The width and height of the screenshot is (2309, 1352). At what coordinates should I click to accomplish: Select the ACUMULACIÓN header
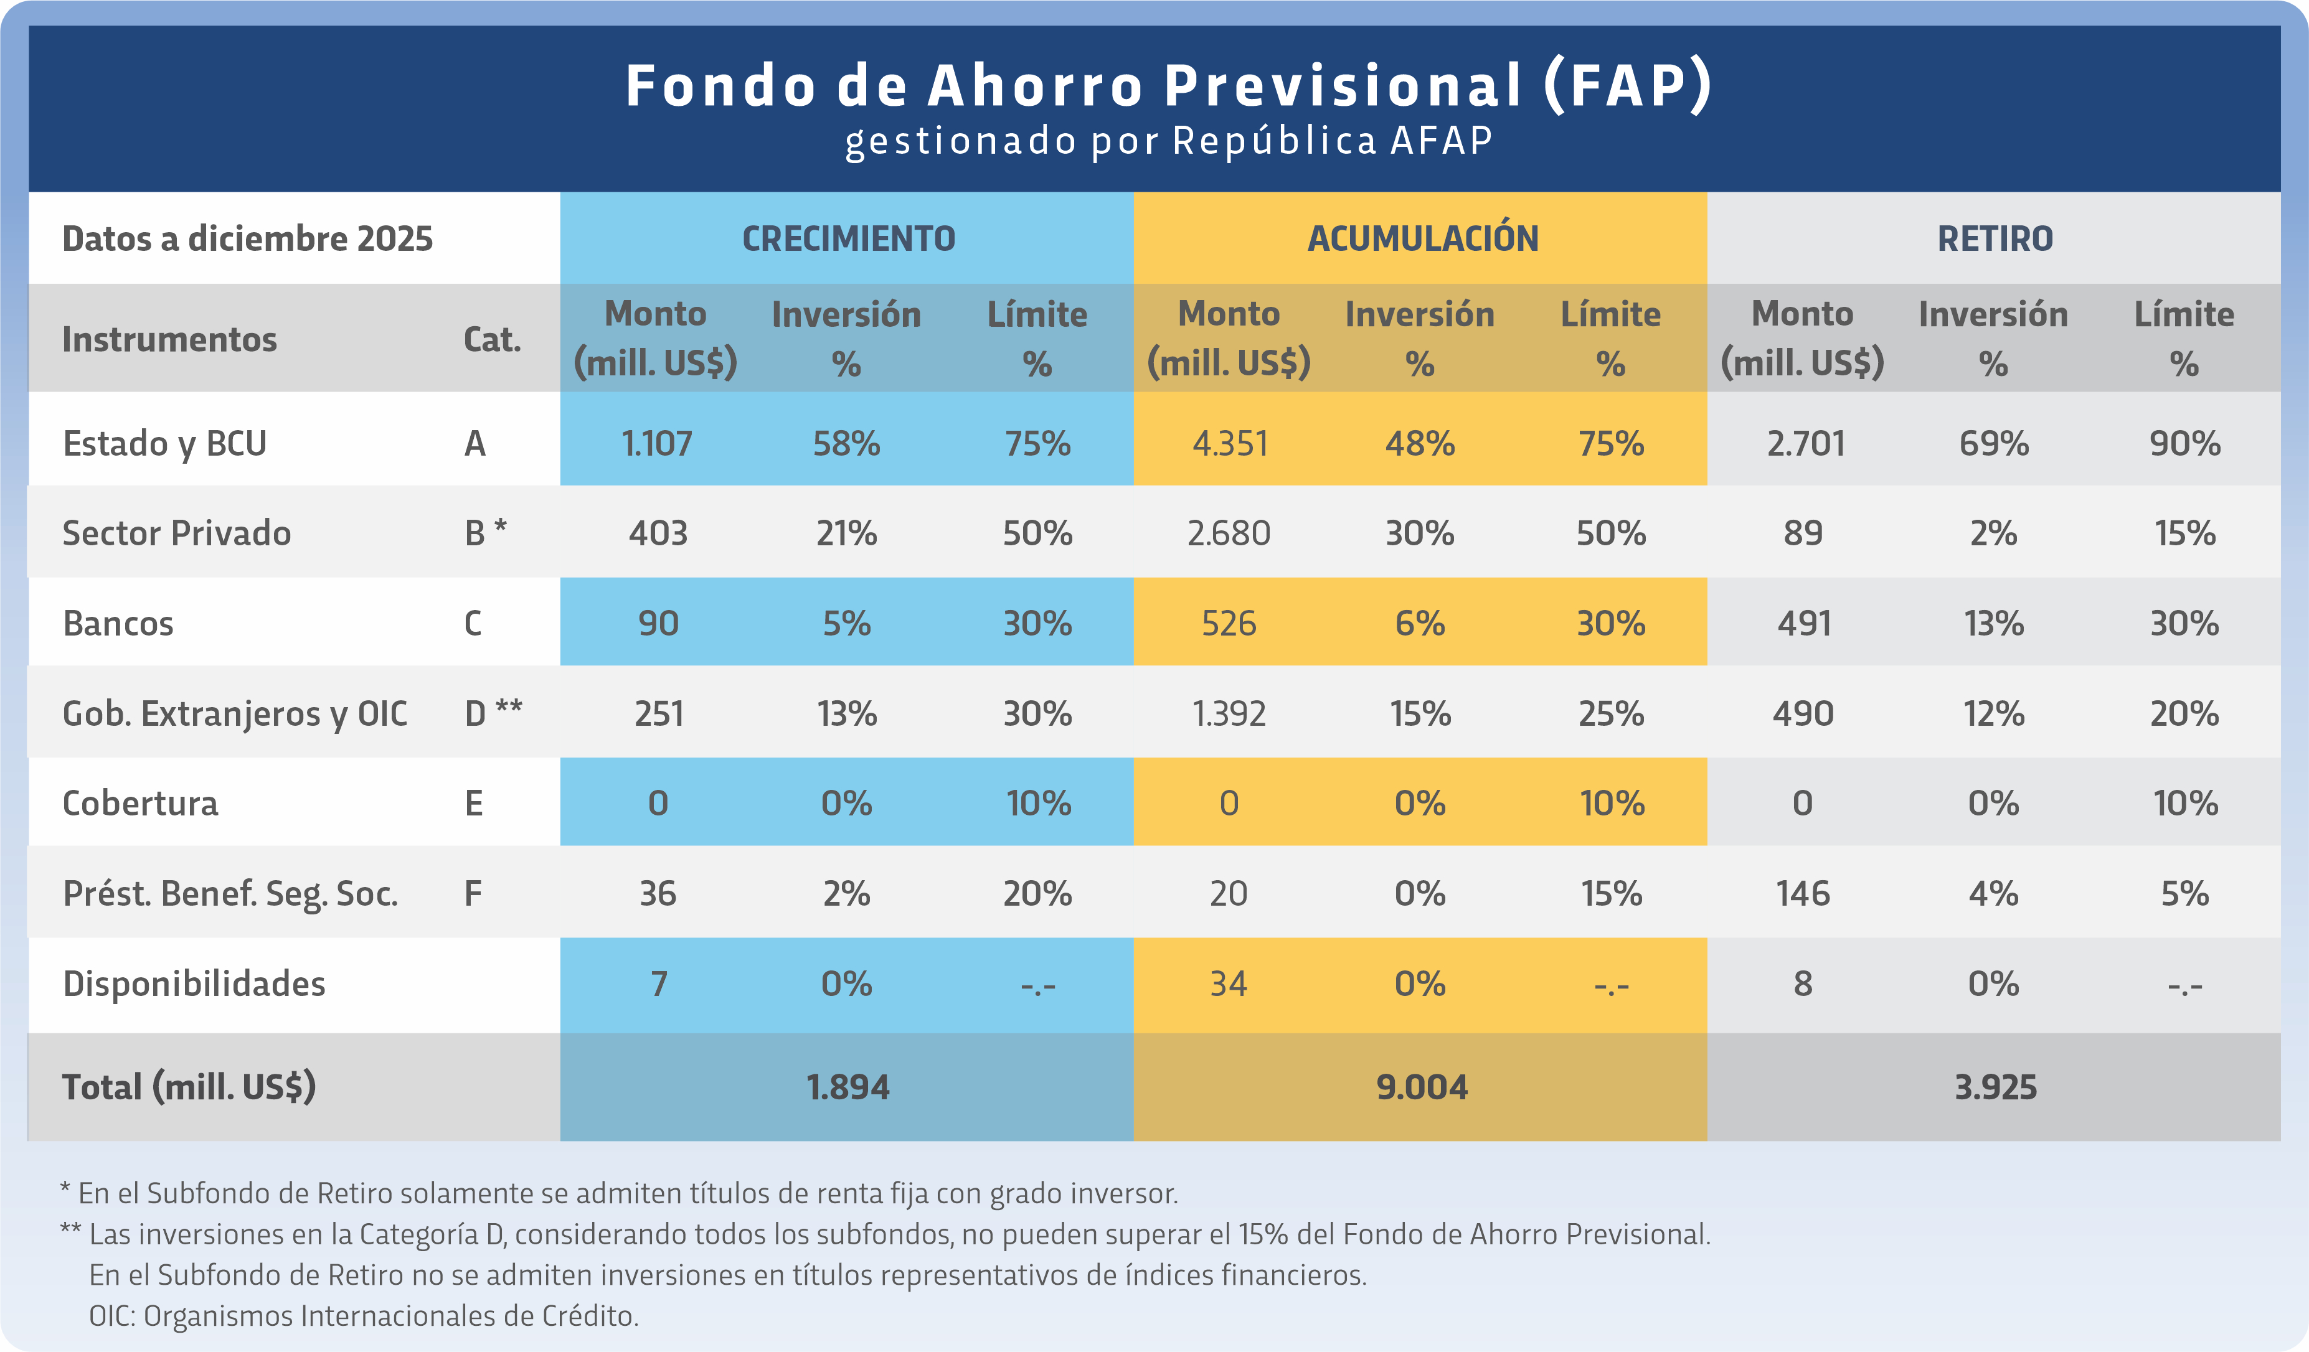pyautogui.click(x=1422, y=238)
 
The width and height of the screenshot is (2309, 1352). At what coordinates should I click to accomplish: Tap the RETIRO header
pyautogui.click(x=1995, y=238)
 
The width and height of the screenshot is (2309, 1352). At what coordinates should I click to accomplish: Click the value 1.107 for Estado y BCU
pyautogui.click(x=657, y=443)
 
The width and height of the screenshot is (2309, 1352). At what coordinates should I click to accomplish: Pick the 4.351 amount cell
pyautogui.click(x=1230, y=443)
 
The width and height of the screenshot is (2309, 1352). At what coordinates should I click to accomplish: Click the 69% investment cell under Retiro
pyautogui.click(x=1994, y=443)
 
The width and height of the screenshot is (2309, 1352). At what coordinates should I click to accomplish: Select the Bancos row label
pyautogui.click(x=118, y=623)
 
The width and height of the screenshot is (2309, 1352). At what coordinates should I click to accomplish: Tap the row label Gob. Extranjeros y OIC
pyautogui.click(x=235, y=713)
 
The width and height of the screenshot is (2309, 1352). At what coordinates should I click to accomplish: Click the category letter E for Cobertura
pyautogui.click(x=474, y=804)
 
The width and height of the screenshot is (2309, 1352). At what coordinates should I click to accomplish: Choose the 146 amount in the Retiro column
pyautogui.click(x=1802, y=893)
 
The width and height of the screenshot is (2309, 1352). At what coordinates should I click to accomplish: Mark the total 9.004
pyautogui.click(x=1422, y=1087)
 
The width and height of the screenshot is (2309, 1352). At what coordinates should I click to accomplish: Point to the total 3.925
pyautogui.click(x=1995, y=1087)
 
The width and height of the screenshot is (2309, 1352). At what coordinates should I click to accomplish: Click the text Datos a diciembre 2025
pyautogui.click(x=247, y=238)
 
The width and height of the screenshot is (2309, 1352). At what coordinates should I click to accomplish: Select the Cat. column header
pyautogui.click(x=492, y=339)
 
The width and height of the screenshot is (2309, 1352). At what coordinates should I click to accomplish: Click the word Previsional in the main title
pyautogui.click(x=1343, y=85)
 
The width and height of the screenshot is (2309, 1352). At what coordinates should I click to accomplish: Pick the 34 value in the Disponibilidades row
pyautogui.click(x=1229, y=983)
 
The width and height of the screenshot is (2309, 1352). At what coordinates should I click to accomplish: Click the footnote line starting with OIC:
pyautogui.click(x=363, y=1315)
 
